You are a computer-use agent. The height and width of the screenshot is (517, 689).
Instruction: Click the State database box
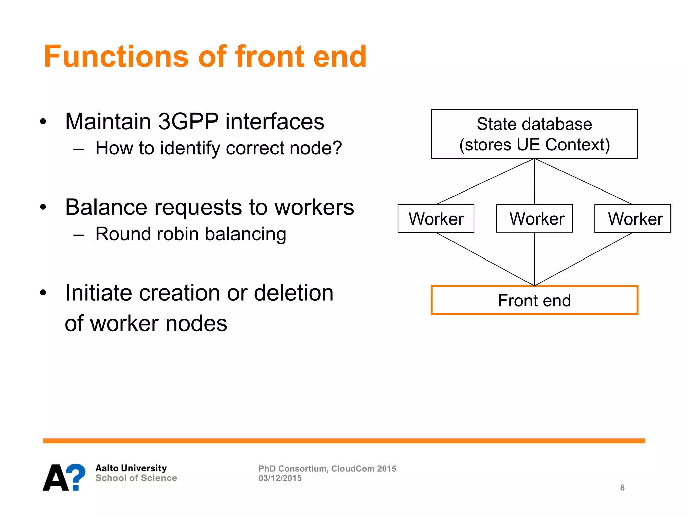(x=534, y=134)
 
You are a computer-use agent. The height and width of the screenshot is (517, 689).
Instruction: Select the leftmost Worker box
(x=436, y=218)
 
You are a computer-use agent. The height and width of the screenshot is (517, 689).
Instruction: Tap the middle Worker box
(x=534, y=218)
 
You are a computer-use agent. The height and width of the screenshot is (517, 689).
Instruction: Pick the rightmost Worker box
(x=632, y=218)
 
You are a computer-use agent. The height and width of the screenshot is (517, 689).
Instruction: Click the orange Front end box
(x=534, y=300)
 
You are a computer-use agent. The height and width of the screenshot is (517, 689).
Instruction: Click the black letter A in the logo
(x=55, y=478)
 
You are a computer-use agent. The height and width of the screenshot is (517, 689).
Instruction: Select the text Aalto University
(x=131, y=468)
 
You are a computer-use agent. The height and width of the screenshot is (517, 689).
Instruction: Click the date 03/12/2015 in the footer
(x=280, y=478)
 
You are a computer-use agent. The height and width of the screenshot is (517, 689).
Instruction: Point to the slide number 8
(x=622, y=487)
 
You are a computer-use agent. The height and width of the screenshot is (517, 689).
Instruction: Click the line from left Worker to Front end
(x=485, y=259)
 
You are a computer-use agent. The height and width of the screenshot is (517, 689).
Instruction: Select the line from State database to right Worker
(x=584, y=181)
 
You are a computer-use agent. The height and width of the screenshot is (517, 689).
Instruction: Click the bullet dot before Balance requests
(x=43, y=207)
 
